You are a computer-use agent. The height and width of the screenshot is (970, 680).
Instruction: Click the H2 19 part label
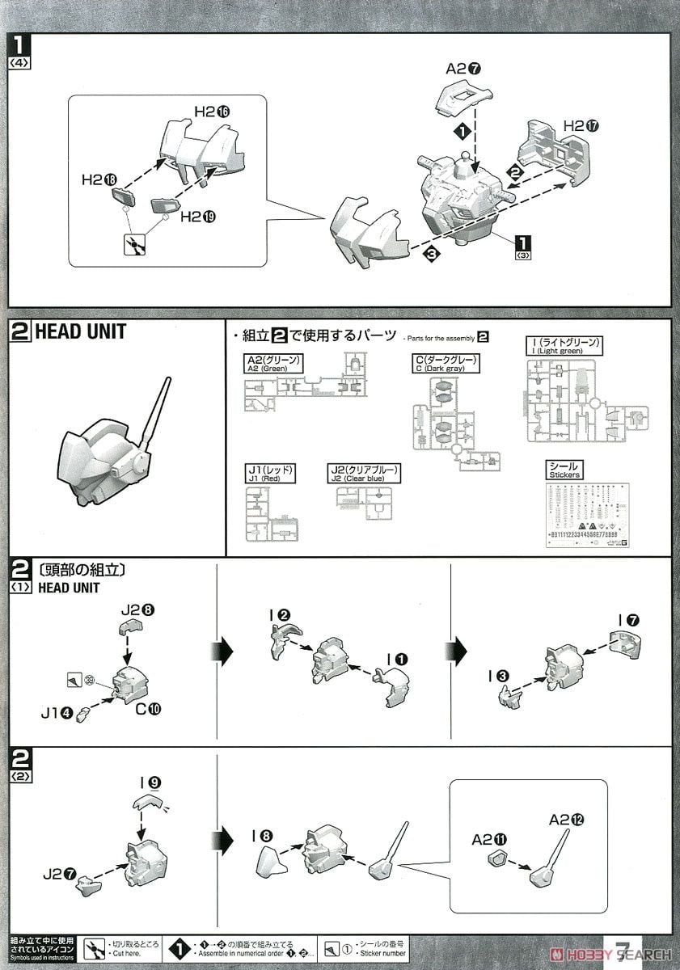(x=201, y=217)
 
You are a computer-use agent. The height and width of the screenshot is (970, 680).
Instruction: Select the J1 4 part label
(x=56, y=713)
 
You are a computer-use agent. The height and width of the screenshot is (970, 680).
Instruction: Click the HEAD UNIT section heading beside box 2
(x=80, y=332)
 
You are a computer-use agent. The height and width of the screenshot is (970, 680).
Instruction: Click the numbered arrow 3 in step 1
(x=432, y=254)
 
